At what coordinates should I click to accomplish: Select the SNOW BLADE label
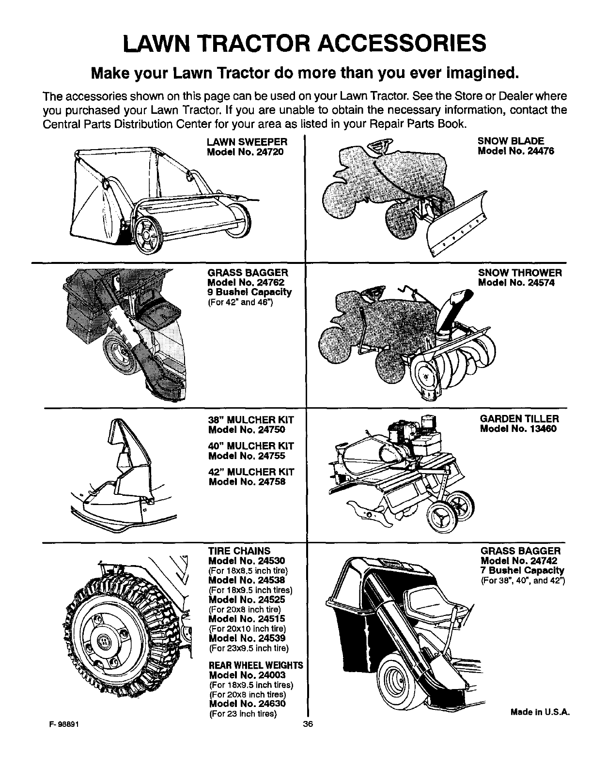[504, 141]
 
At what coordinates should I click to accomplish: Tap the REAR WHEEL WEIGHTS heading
[255, 665]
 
